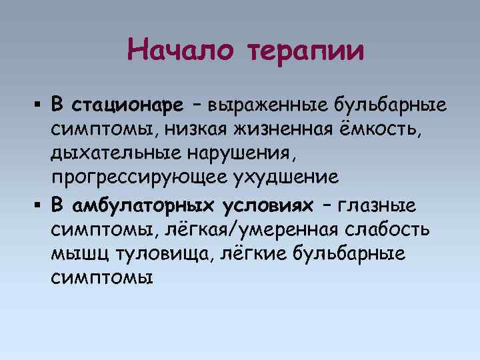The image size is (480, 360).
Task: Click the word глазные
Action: [x=379, y=203]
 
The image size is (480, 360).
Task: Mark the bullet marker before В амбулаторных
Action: [x=39, y=203]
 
